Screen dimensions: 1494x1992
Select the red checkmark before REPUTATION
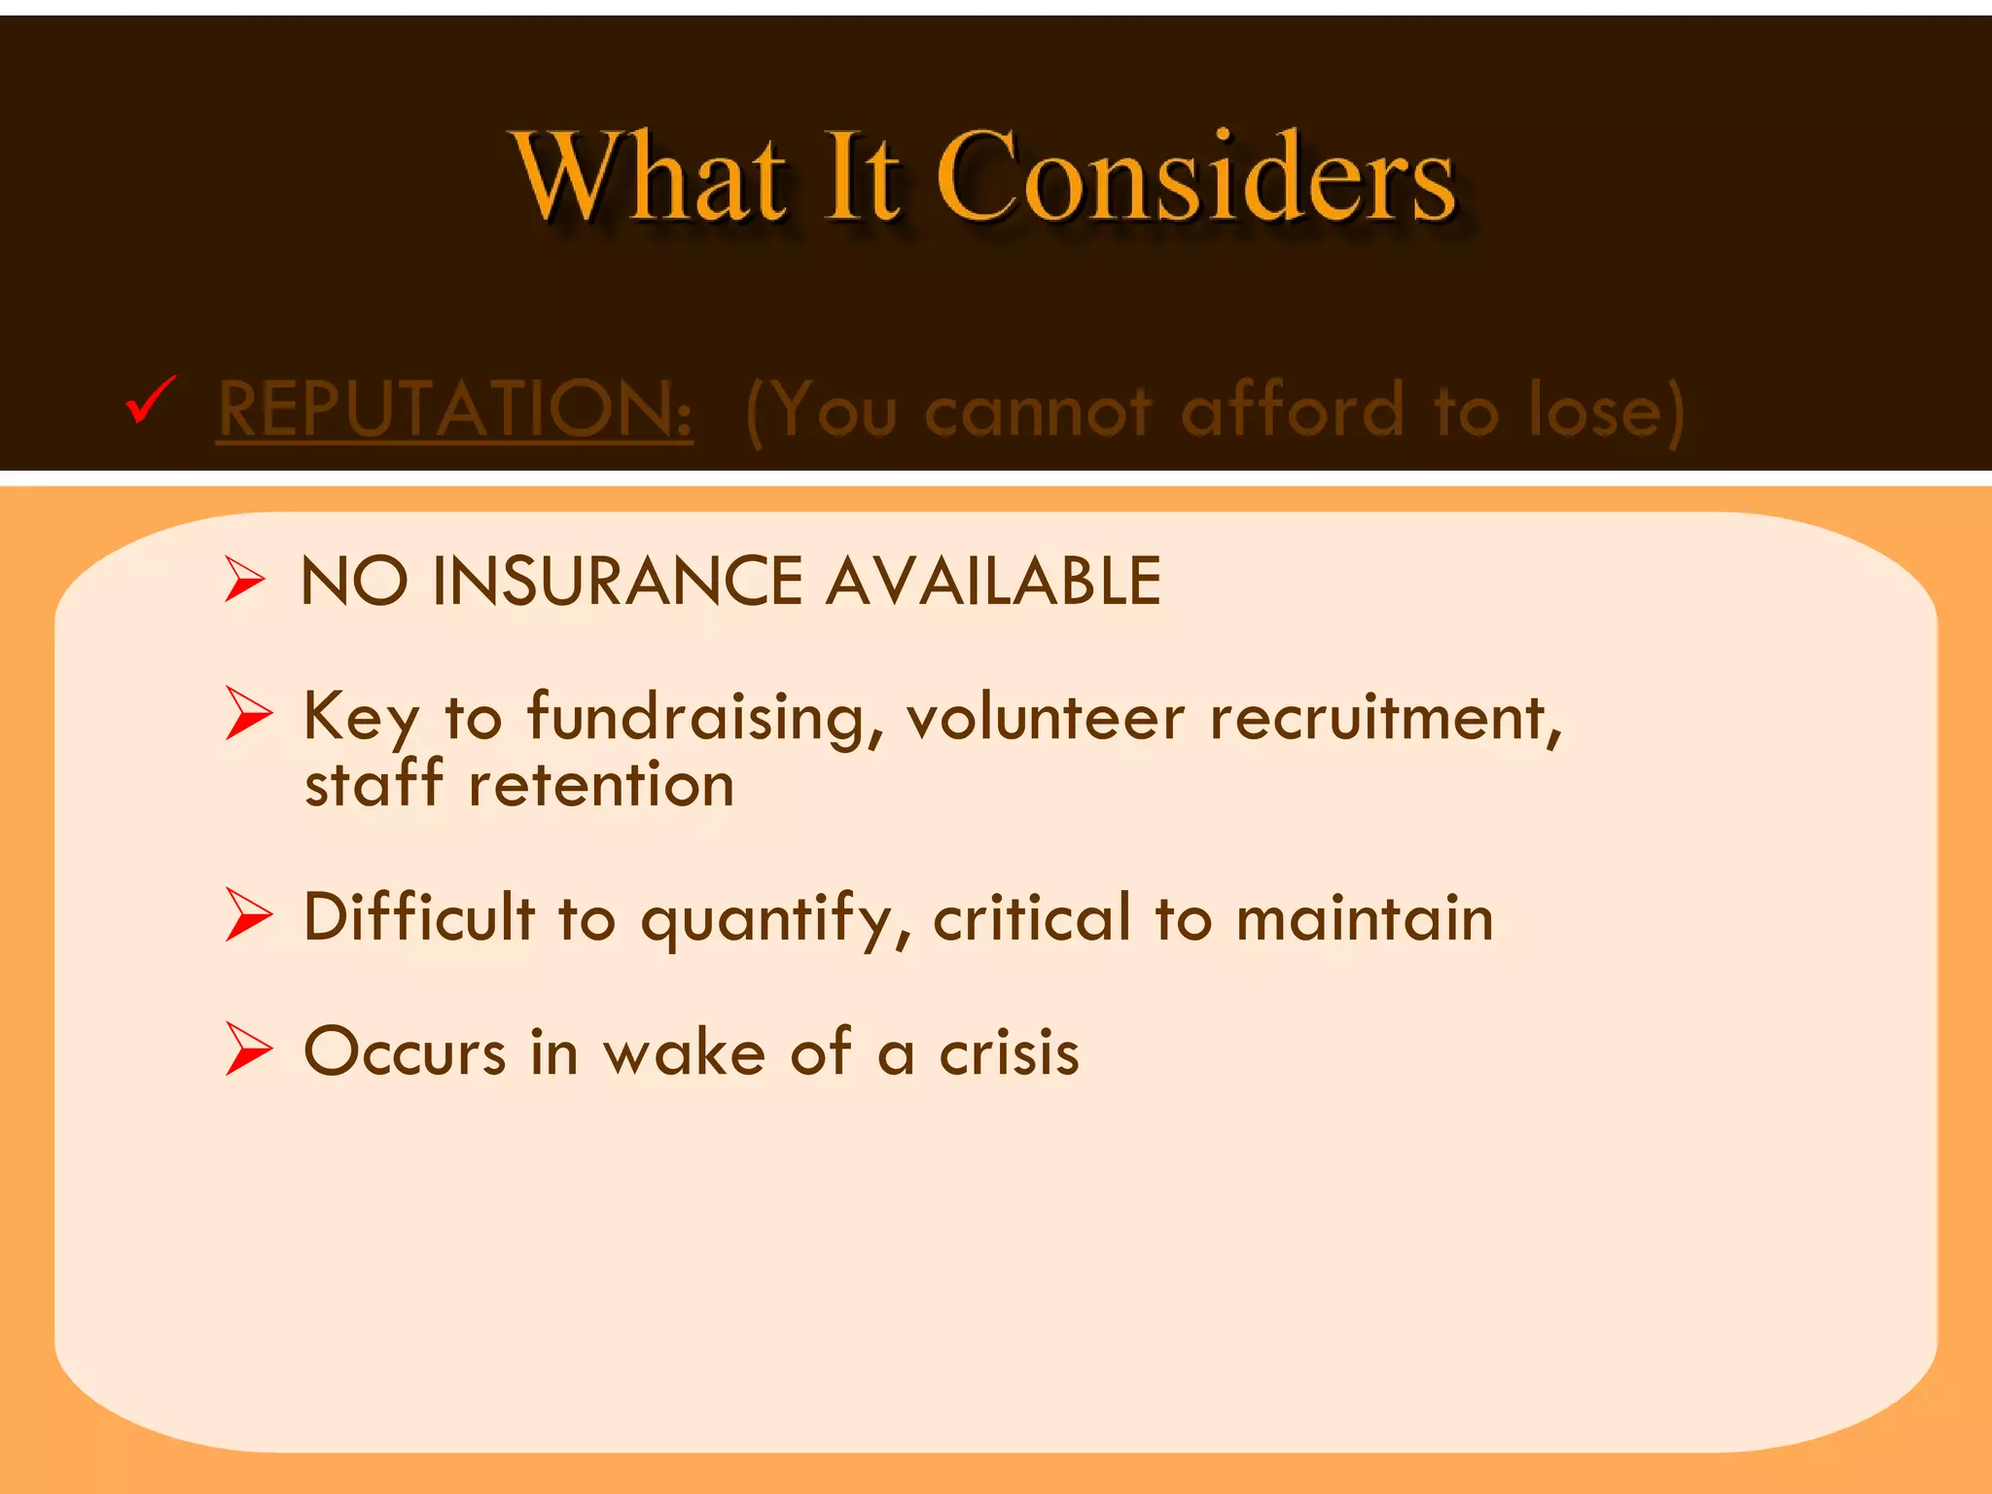(152, 400)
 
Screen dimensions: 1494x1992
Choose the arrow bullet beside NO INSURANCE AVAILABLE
(244, 580)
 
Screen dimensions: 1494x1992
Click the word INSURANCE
(618, 582)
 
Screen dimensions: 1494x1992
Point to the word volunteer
(1046, 718)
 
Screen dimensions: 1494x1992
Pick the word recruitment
(1385, 718)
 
